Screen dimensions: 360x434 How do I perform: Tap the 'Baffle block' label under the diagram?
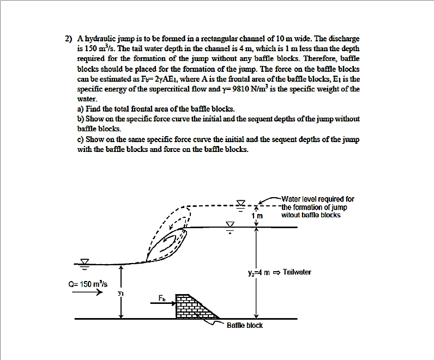click(244, 325)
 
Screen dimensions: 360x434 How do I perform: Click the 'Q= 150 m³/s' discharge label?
click(88, 284)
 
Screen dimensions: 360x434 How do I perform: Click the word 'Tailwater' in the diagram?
click(298, 271)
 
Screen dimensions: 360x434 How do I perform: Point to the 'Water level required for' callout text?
click(318, 199)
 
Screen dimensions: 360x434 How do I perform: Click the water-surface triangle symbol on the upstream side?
click(85, 263)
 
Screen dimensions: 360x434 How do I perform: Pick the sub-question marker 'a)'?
click(81, 109)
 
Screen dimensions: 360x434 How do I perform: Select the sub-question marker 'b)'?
click(81, 118)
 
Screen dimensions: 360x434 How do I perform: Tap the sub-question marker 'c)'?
click(81, 139)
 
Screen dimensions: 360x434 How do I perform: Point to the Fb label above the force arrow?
click(162, 297)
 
